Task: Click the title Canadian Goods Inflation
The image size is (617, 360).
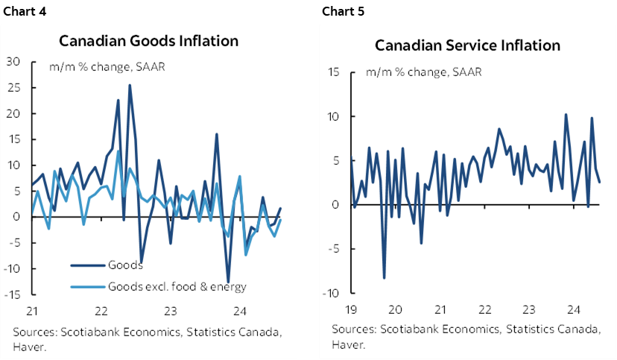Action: point(149,40)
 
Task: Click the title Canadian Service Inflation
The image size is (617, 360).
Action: point(467,45)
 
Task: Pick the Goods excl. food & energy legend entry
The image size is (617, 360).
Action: point(177,286)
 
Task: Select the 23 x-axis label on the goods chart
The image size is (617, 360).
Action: point(171,310)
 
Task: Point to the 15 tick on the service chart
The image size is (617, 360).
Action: point(333,72)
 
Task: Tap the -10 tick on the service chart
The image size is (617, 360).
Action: point(332,294)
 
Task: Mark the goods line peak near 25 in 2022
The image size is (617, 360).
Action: point(130,85)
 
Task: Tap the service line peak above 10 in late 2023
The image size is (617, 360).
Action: point(566,115)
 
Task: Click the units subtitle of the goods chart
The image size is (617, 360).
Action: point(107,66)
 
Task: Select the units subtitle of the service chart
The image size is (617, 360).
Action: point(423,72)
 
